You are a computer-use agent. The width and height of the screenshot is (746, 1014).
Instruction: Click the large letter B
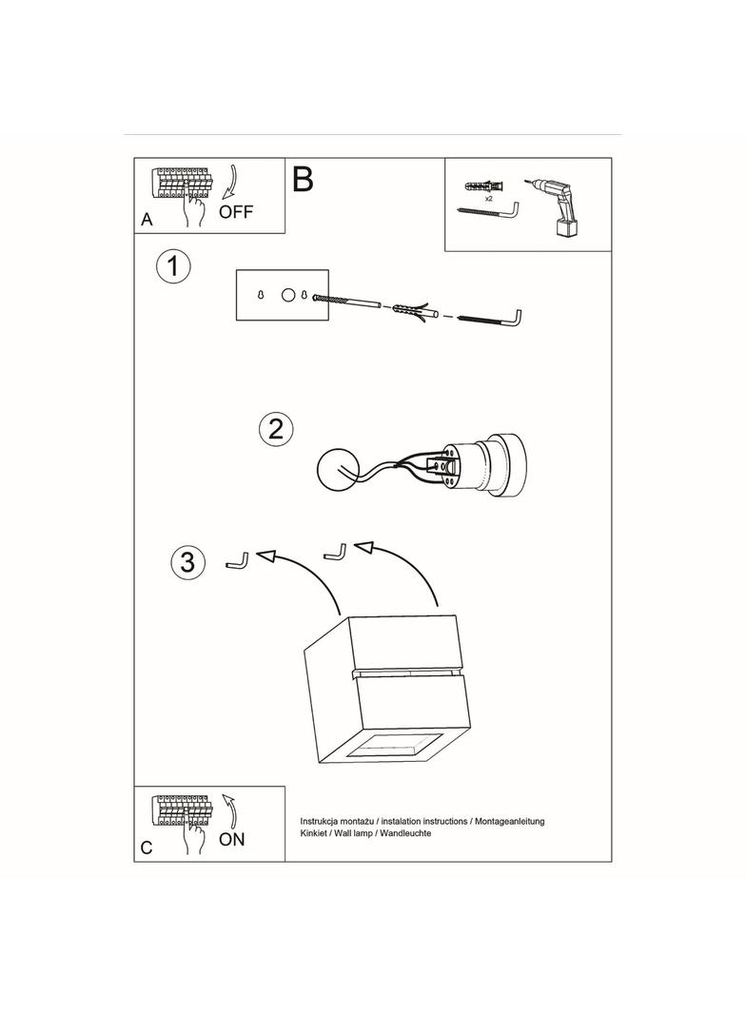click(303, 179)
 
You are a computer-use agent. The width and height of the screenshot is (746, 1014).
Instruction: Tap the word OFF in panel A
click(236, 212)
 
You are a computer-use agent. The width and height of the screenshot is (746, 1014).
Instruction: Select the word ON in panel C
click(231, 839)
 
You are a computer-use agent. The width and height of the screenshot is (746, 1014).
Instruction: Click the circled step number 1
click(172, 266)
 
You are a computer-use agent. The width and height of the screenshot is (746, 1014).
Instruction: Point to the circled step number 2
click(276, 429)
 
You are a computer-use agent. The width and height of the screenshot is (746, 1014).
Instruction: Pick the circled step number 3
click(187, 562)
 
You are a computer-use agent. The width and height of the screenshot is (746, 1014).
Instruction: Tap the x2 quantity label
click(488, 200)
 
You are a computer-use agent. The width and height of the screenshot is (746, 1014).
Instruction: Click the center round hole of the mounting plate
click(287, 296)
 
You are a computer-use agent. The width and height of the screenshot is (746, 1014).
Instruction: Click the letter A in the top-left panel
click(147, 220)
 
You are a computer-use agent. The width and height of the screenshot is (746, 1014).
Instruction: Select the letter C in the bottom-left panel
click(147, 848)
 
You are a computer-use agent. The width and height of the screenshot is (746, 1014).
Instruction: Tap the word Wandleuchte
click(404, 832)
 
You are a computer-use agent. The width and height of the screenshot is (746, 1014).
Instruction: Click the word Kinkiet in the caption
click(315, 832)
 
